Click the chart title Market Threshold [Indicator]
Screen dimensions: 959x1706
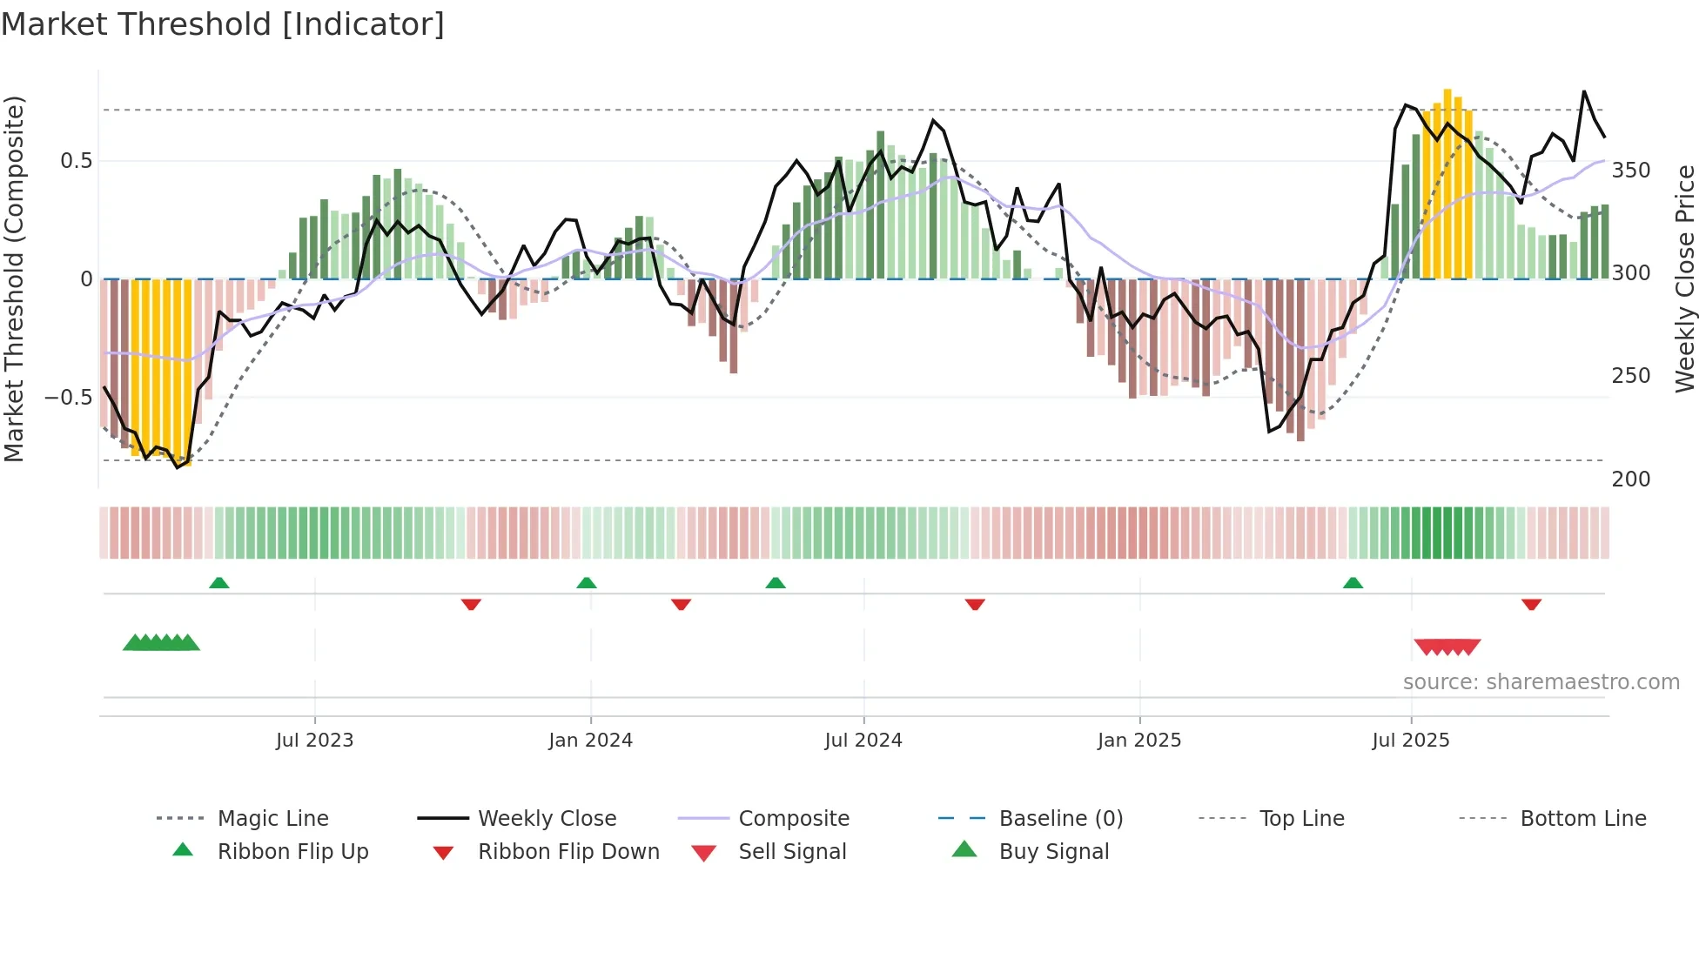tap(223, 24)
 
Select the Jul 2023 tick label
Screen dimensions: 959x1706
tap(314, 741)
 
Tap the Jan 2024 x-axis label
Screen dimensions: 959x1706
tap(590, 741)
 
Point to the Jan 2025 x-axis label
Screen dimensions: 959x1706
tap(1138, 741)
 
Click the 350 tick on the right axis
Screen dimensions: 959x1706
tap(1630, 171)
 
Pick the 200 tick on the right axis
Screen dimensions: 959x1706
tap(1630, 479)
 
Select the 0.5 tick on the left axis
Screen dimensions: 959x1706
tap(76, 161)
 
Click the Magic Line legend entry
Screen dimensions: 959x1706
tap(272, 819)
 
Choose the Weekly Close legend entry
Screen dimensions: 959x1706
tap(547, 819)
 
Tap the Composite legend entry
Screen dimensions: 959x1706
tap(793, 819)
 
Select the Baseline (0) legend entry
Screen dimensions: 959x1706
tap(1060, 819)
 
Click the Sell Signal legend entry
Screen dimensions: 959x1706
tap(791, 852)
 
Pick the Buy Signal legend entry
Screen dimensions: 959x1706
tap(1053, 852)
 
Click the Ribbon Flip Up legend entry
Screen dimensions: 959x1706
tap(292, 852)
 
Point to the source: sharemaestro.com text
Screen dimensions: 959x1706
tap(1541, 682)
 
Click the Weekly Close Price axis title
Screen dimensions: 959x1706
tap(1685, 278)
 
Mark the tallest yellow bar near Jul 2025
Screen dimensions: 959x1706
tap(1447, 183)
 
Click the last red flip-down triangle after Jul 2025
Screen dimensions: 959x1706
tap(1531, 604)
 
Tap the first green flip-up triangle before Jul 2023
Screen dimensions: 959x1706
tap(219, 583)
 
